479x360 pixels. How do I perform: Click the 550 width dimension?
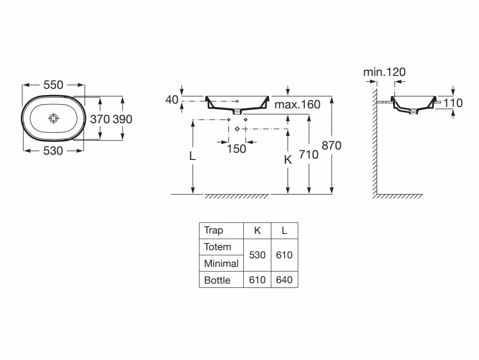pyautogui.click(x=53, y=85)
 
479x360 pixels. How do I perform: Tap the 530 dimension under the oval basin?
pyautogui.click(x=53, y=151)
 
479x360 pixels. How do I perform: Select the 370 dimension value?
pyautogui.click(x=100, y=119)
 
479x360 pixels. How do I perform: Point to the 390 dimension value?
pyautogui.click(x=122, y=119)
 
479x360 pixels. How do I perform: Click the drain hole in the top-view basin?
pyautogui.click(x=53, y=118)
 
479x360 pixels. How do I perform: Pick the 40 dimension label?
pyautogui.click(x=172, y=100)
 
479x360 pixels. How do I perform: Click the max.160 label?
pyautogui.click(x=297, y=105)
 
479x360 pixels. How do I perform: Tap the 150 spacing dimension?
pyautogui.click(x=237, y=149)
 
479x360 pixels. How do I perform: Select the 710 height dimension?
pyautogui.click(x=309, y=155)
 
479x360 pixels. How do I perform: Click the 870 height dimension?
pyautogui.click(x=332, y=146)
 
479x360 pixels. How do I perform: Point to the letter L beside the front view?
pyautogui.click(x=192, y=156)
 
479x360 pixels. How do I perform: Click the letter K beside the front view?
pyautogui.click(x=288, y=159)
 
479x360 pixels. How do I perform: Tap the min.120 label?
pyautogui.click(x=385, y=72)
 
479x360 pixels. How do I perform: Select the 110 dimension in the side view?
pyautogui.click(x=453, y=103)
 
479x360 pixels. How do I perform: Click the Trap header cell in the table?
pyautogui.click(x=214, y=230)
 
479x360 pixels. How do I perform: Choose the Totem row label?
pyautogui.click(x=218, y=247)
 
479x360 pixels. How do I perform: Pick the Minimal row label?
pyautogui.click(x=221, y=264)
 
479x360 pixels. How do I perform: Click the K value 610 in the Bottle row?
pyautogui.click(x=257, y=280)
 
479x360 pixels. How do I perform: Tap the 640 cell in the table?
pyautogui.click(x=284, y=280)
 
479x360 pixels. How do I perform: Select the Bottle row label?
pyautogui.click(x=217, y=280)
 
